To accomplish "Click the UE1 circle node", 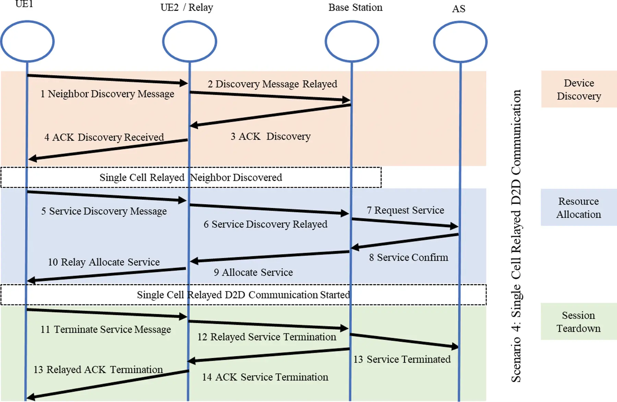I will (x=27, y=42).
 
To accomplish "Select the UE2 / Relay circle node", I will (x=190, y=42).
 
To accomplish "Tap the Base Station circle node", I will (x=352, y=42).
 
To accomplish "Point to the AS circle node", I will (x=460, y=42).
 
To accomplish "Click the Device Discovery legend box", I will (x=579, y=89).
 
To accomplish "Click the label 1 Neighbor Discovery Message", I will (x=107, y=94).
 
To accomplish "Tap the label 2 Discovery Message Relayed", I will (x=272, y=84).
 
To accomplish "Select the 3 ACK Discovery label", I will (x=270, y=137).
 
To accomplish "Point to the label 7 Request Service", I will (x=405, y=210).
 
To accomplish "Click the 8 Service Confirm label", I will (x=408, y=258).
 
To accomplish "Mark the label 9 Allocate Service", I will (x=253, y=272).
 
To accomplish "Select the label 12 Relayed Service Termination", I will (x=267, y=337).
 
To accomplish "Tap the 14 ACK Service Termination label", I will (x=265, y=377).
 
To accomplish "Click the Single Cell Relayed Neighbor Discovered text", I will (x=191, y=178).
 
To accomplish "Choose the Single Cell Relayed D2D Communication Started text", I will (x=243, y=295).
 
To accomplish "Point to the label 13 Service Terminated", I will (x=402, y=359).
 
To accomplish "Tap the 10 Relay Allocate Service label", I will (x=104, y=262).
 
